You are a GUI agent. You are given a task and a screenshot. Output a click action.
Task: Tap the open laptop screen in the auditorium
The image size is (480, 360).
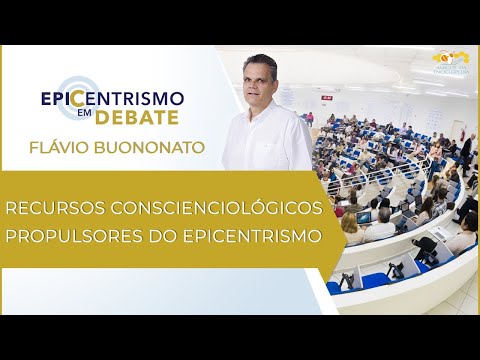pos(364,216)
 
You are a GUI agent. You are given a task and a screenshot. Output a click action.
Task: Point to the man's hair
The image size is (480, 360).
pos(258,61)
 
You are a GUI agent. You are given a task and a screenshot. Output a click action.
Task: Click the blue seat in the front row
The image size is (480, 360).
pos(375,279)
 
